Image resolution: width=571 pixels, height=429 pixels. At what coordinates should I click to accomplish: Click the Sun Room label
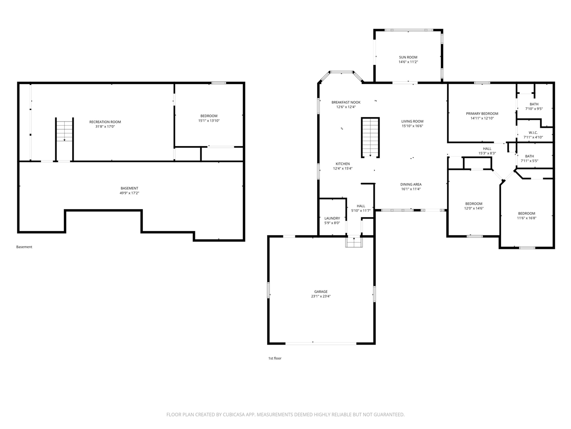click(x=408, y=57)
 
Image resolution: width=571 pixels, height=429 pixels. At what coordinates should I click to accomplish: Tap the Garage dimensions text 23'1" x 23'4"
click(x=321, y=296)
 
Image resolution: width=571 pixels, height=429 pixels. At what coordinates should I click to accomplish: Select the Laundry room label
click(x=332, y=218)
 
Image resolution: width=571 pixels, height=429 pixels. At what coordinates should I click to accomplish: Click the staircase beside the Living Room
click(x=370, y=138)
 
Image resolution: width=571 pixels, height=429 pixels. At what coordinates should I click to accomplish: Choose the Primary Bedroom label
click(x=482, y=114)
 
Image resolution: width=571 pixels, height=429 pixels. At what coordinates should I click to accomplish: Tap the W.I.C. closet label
click(x=533, y=133)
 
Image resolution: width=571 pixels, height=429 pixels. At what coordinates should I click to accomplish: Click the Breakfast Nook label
click(x=346, y=102)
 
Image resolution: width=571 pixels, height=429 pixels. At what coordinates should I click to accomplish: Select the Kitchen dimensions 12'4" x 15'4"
click(x=343, y=168)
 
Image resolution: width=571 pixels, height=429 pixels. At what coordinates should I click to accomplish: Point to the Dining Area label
click(x=411, y=185)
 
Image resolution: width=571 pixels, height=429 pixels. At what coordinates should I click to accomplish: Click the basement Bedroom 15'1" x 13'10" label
click(x=209, y=116)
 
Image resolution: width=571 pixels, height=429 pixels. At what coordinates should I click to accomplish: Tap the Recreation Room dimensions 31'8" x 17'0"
click(x=105, y=126)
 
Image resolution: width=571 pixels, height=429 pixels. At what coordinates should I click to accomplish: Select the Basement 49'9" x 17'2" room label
click(x=129, y=188)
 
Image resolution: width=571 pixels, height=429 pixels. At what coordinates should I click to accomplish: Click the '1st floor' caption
click(x=275, y=358)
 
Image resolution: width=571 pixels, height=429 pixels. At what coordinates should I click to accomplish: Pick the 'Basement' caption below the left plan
click(x=24, y=247)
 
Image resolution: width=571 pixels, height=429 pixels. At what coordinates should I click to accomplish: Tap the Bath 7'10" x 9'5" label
click(x=534, y=104)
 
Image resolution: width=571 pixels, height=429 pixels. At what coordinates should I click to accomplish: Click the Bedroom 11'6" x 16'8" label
click(x=526, y=214)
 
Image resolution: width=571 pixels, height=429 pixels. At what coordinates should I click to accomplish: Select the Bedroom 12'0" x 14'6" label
click(x=474, y=204)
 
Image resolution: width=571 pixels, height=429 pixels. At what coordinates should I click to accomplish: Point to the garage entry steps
click(x=354, y=242)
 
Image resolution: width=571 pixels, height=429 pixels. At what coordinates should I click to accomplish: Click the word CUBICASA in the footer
click(x=234, y=415)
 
